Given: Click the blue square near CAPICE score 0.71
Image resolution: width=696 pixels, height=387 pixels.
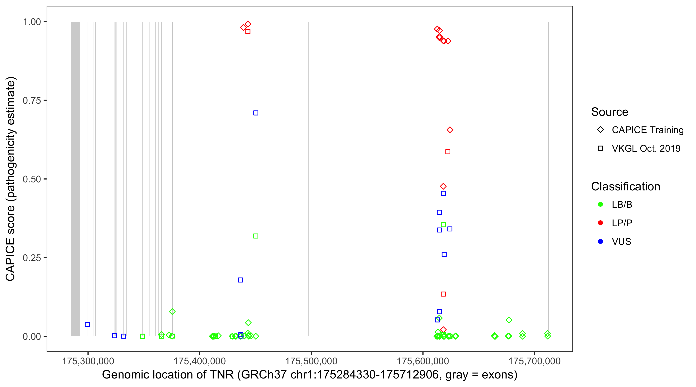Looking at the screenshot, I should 256,113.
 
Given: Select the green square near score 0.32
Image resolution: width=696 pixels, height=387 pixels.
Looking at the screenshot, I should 256,236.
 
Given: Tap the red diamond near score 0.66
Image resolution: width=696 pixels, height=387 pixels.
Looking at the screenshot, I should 450,130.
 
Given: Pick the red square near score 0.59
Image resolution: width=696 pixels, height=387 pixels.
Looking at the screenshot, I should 448,152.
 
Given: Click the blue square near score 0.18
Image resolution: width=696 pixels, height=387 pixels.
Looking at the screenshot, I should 240,280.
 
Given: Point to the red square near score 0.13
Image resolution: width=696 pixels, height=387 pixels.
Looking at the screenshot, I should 443,294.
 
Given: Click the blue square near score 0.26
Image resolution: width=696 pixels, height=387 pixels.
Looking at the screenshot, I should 444,254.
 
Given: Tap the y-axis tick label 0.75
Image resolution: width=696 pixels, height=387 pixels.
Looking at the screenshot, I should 32,101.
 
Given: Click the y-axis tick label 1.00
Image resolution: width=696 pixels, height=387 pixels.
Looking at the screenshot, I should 32,22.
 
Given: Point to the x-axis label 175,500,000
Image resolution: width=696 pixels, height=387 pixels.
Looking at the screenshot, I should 311,361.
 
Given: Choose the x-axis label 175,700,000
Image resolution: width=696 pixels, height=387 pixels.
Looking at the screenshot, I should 534,361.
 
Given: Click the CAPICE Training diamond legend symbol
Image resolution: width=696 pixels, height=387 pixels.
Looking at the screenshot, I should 600,130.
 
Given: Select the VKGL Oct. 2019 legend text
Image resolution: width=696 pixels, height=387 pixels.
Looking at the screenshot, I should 646,148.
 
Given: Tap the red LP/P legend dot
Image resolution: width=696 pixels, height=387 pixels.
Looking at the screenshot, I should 600,223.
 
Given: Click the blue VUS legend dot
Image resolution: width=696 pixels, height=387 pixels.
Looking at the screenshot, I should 600,241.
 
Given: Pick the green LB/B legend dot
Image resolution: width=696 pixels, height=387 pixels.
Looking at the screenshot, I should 600,204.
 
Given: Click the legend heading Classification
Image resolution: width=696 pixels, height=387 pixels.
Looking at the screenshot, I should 625,186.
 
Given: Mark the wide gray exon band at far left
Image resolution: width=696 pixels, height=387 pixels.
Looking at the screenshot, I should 75,179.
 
